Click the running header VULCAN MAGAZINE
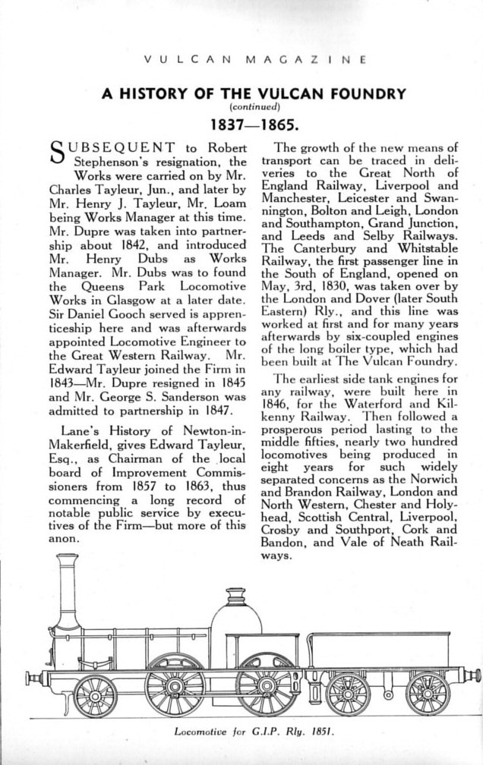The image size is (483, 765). (241, 58)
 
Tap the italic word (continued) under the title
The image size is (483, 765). (241, 107)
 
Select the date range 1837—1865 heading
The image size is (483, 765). (241, 122)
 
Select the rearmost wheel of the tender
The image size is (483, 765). (428, 693)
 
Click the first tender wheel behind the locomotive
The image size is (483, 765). (347, 693)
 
